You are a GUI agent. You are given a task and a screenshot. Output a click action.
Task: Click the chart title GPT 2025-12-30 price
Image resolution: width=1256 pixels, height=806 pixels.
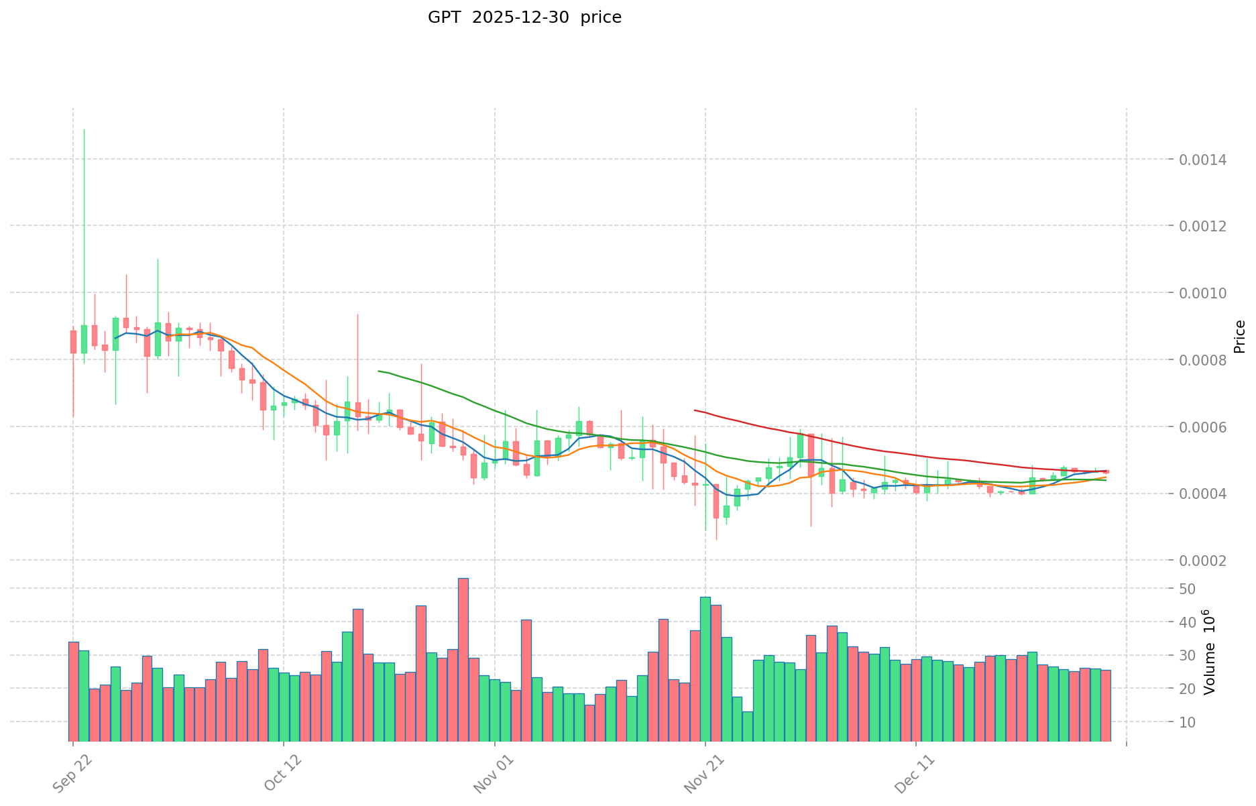(524, 17)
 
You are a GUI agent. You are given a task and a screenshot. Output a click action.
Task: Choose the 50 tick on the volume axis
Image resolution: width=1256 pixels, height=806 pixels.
(1188, 589)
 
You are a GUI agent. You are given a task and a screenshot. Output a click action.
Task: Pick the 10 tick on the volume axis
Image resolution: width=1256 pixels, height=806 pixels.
(1188, 722)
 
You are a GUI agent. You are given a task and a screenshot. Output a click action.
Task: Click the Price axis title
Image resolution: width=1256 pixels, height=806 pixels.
(1239, 337)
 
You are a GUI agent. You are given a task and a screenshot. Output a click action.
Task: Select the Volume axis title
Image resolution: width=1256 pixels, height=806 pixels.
(1210, 652)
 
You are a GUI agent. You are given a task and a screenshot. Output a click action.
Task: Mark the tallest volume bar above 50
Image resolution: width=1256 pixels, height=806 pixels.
(463, 579)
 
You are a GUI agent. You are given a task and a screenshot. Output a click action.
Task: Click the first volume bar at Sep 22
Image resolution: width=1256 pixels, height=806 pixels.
(74, 691)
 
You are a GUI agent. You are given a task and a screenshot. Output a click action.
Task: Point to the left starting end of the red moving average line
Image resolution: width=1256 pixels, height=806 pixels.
(695, 410)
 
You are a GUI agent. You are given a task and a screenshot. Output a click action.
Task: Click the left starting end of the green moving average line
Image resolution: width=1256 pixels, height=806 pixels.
(379, 371)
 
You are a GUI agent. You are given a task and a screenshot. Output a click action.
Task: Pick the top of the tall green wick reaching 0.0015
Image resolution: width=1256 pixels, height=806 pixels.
(84, 129)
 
